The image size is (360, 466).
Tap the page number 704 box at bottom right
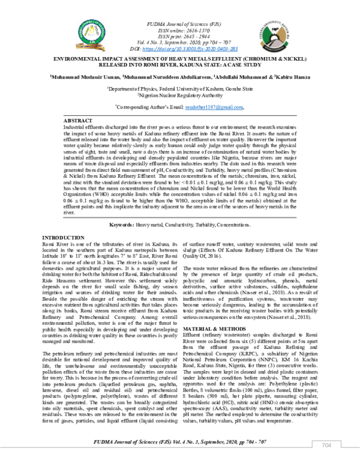[x=326, y=445]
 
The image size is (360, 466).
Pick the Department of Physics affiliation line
[x=179, y=88]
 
